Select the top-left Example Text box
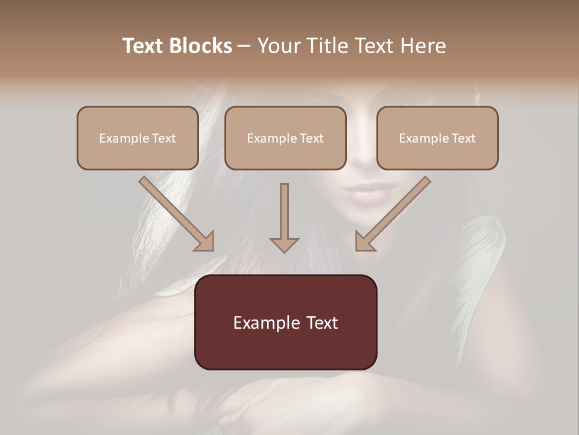point(138,138)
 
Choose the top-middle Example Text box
point(285,138)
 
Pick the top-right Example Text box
point(437,138)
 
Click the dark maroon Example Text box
point(285,322)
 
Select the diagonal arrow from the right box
point(392,214)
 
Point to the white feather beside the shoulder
point(482,254)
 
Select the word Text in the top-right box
point(463,138)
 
